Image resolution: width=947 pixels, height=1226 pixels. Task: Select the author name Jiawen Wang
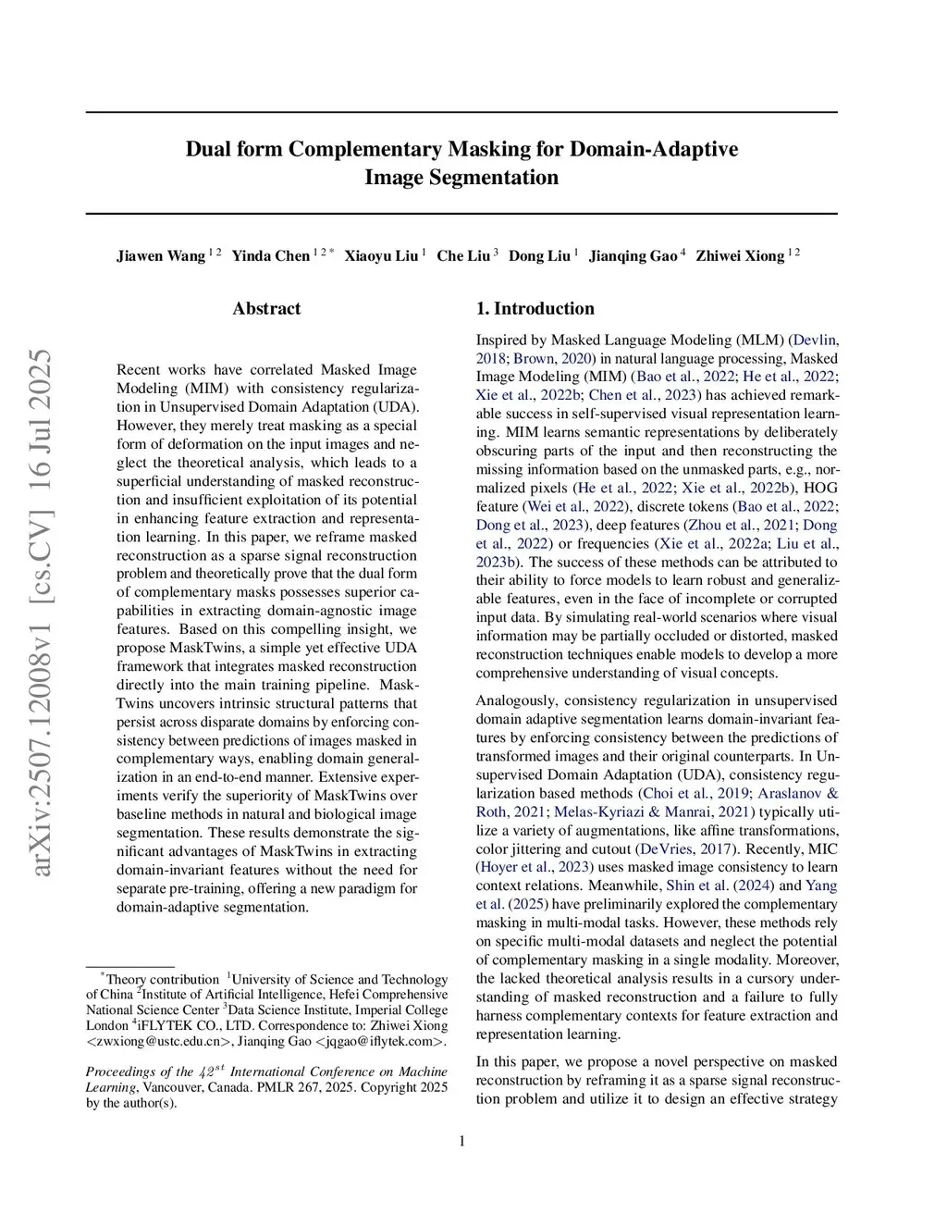coord(161,256)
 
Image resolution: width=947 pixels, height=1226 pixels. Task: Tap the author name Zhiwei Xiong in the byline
coord(740,256)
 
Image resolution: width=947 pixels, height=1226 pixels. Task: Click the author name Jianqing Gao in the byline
coord(633,256)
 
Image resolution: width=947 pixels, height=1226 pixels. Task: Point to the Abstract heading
coord(266,309)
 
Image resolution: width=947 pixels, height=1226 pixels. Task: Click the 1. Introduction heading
coord(535,309)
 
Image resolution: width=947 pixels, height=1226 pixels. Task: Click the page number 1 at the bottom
coord(461,1141)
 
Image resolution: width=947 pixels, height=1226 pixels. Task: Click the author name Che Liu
coord(462,256)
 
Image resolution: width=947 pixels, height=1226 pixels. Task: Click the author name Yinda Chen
coord(270,256)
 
